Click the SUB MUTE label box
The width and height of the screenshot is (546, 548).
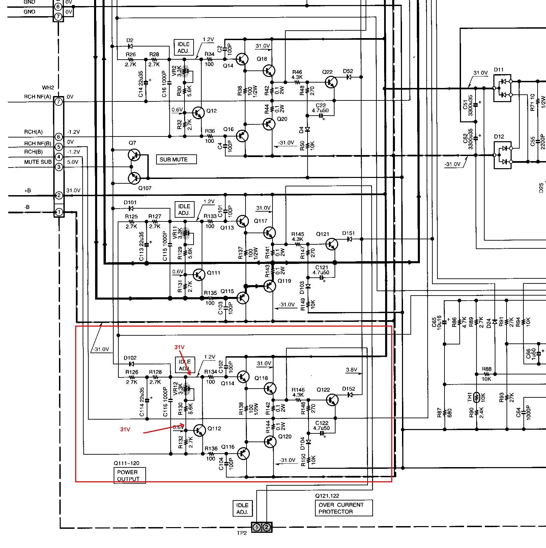(x=176, y=159)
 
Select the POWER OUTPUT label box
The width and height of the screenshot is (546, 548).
(x=130, y=476)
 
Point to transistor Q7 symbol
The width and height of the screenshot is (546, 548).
(x=134, y=155)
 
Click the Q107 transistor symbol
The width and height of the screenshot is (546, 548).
(x=134, y=178)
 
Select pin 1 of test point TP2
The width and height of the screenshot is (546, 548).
(x=257, y=527)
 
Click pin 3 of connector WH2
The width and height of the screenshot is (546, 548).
(x=59, y=167)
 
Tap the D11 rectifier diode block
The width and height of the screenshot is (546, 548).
(x=502, y=88)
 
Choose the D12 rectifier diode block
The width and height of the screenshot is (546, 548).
(x=502, y=155)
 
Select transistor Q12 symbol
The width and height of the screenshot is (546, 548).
(x=198, y=113)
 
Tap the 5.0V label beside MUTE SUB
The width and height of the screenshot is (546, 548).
(x=73, y=162)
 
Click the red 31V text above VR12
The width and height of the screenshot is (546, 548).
(x=179, y=347)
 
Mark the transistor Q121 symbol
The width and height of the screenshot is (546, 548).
(x=331, y=244)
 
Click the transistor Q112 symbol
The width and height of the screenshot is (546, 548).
(x=199, y=430)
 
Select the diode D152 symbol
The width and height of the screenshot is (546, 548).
(x=350, y=395)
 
